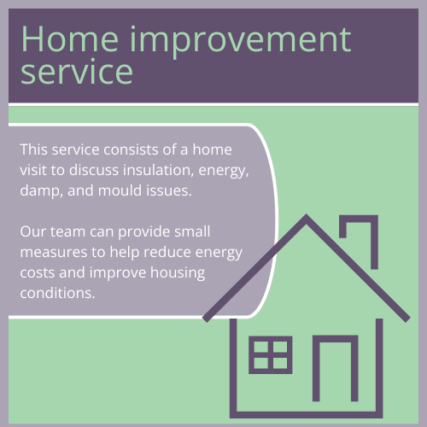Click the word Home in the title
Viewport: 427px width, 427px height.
coord(70,39)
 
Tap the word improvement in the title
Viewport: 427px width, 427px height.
coord(241,41)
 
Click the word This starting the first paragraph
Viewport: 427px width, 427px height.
coord(34,149)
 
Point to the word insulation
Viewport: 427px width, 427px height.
coord(158,170)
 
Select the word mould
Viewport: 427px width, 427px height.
coord(120,190)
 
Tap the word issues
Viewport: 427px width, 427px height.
coord(169,190)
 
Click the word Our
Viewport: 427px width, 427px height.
coord(32,231)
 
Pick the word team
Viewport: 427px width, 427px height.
coord(67,231)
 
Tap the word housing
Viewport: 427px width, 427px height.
coord(178,273)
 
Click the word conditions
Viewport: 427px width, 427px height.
coord(57,293)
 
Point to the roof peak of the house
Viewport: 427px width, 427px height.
coord(306,215)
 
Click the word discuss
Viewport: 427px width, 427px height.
coord(94,170)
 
